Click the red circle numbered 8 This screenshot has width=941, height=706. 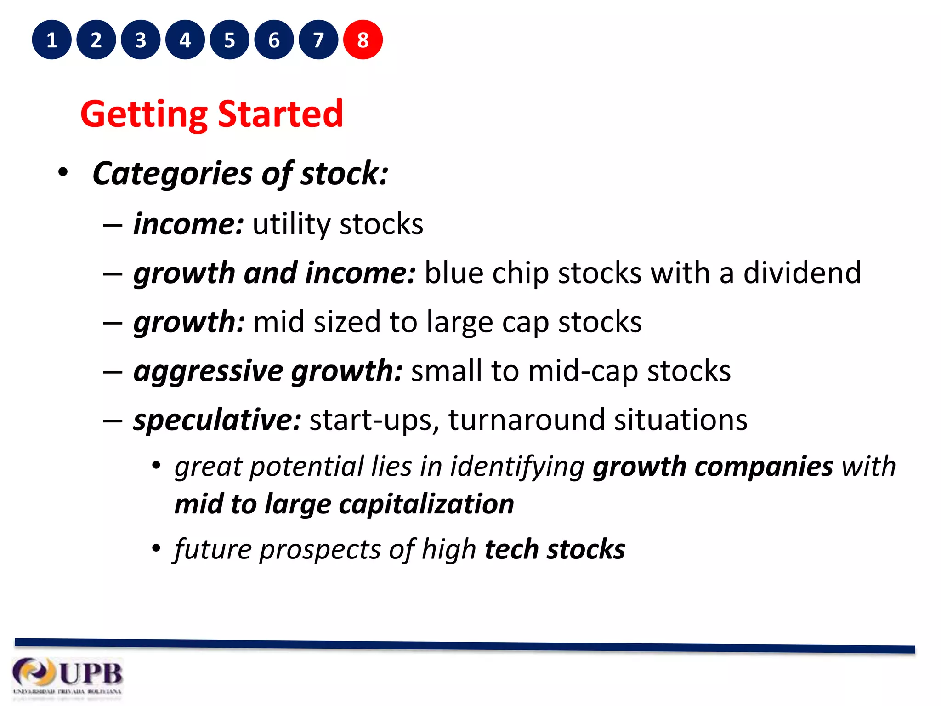[x=363, y=40]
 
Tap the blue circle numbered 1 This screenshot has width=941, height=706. [x=51, y=40]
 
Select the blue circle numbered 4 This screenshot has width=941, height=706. [x=185, y=40]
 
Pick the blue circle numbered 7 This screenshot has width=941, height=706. [x=318, y=40]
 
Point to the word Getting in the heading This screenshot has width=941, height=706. [x=144, y=115]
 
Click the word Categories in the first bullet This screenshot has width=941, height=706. [x=172, y=174]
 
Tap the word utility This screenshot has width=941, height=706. [x=291, y=224]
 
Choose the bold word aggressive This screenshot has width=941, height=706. [x=208, y=371]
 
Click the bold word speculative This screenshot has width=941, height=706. [x=217, y=420]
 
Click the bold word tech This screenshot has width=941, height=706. [x=511, y=549]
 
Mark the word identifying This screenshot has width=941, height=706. [x=517, y=467]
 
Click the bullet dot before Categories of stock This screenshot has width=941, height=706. [x=63, y=173]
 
